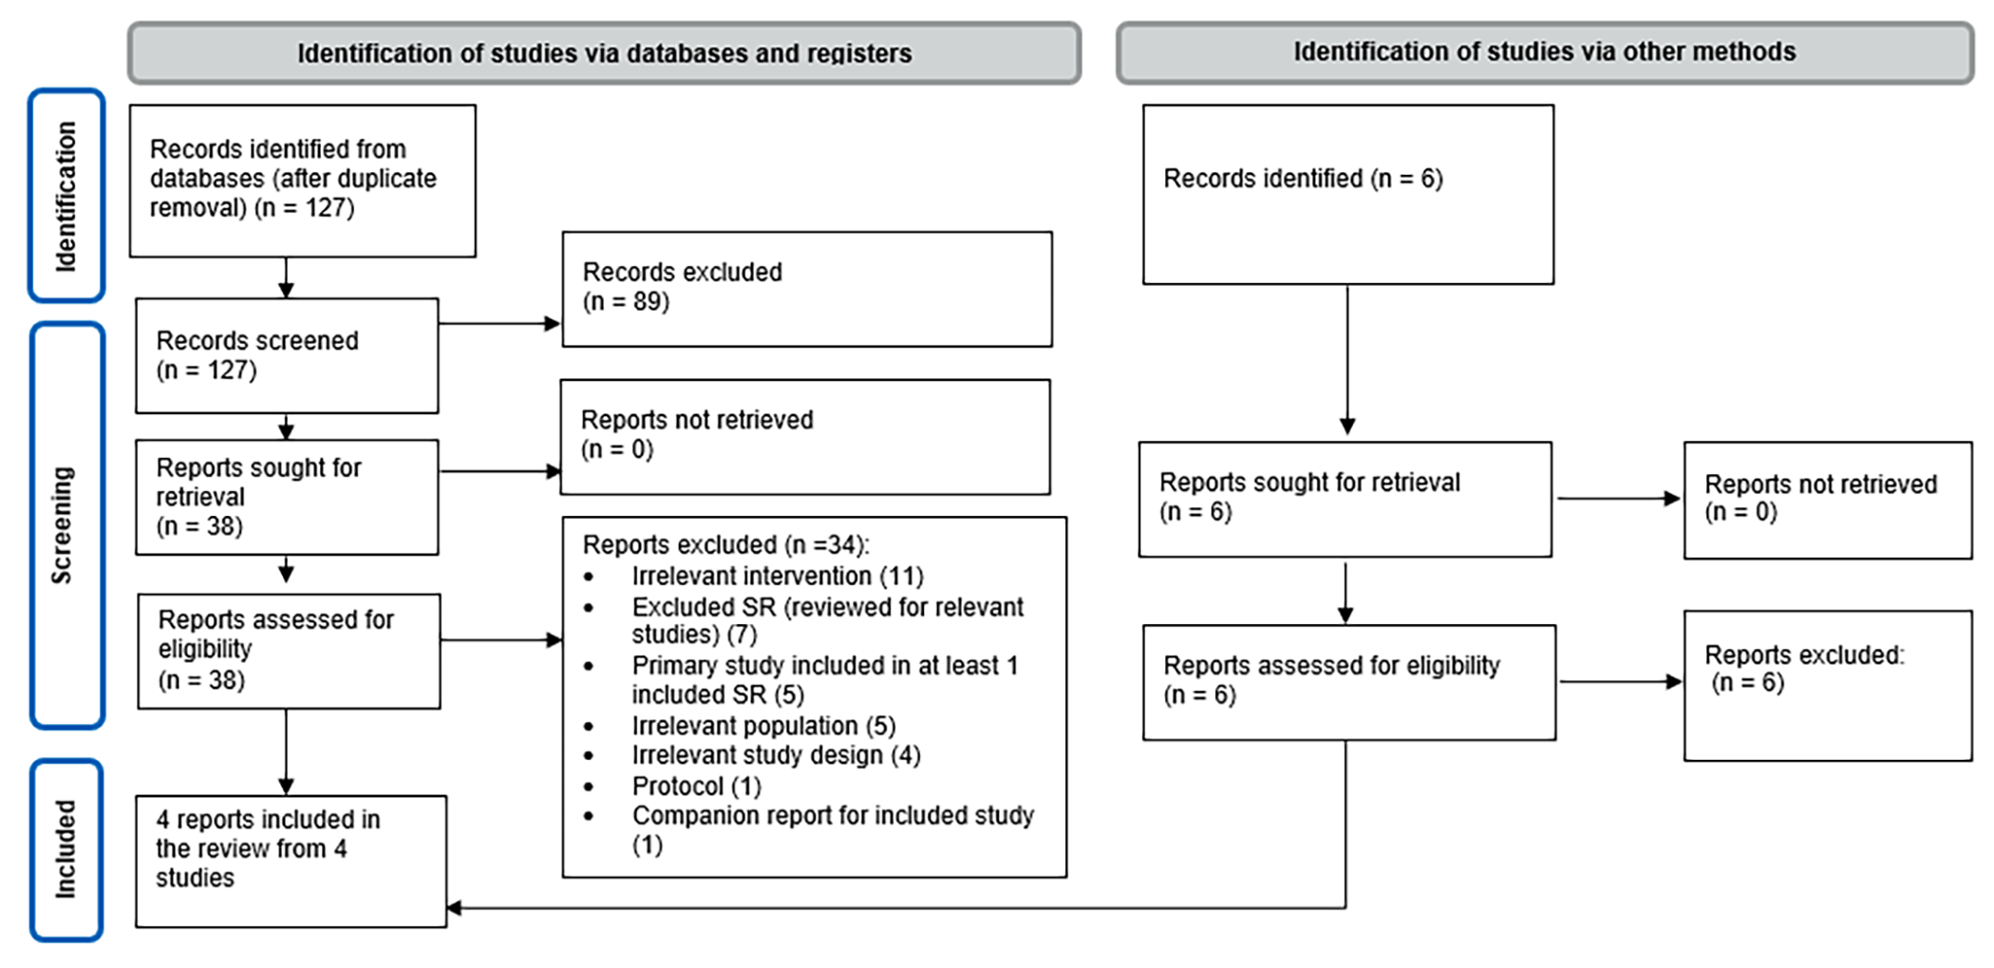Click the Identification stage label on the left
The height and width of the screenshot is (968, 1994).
click(66, 196)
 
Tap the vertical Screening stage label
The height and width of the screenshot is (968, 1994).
click(66, 525)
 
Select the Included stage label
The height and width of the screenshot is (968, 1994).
click(66, 849)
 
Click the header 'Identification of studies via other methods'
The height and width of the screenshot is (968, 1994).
click(1544, 52)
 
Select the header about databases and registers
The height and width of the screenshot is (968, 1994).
click(604, 53)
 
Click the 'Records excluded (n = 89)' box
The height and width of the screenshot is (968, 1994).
click(806, 289)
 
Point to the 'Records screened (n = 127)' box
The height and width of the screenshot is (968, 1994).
click(287, 355)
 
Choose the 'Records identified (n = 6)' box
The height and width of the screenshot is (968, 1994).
click(1347, 194)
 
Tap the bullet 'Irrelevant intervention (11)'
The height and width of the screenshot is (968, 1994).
click(777, 577)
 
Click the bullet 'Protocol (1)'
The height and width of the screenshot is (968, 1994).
click(696, 787)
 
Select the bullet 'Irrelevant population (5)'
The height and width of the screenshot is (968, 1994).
click(763, 727)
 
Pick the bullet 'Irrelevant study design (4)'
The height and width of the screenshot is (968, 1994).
click(776, 756)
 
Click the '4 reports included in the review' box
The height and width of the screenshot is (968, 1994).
click(291, 861)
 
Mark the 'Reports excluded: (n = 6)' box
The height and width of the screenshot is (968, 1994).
click(1827, 685)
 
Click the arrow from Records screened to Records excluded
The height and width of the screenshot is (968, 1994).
click(499, 324)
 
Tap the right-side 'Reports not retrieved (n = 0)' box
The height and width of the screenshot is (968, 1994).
click(1827, 500)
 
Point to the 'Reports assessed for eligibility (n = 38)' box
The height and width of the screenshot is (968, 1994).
click(289, 651)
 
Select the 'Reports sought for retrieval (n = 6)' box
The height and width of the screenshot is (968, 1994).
click(1345, 499)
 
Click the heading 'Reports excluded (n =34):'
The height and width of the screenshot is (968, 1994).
click(725, 545)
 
